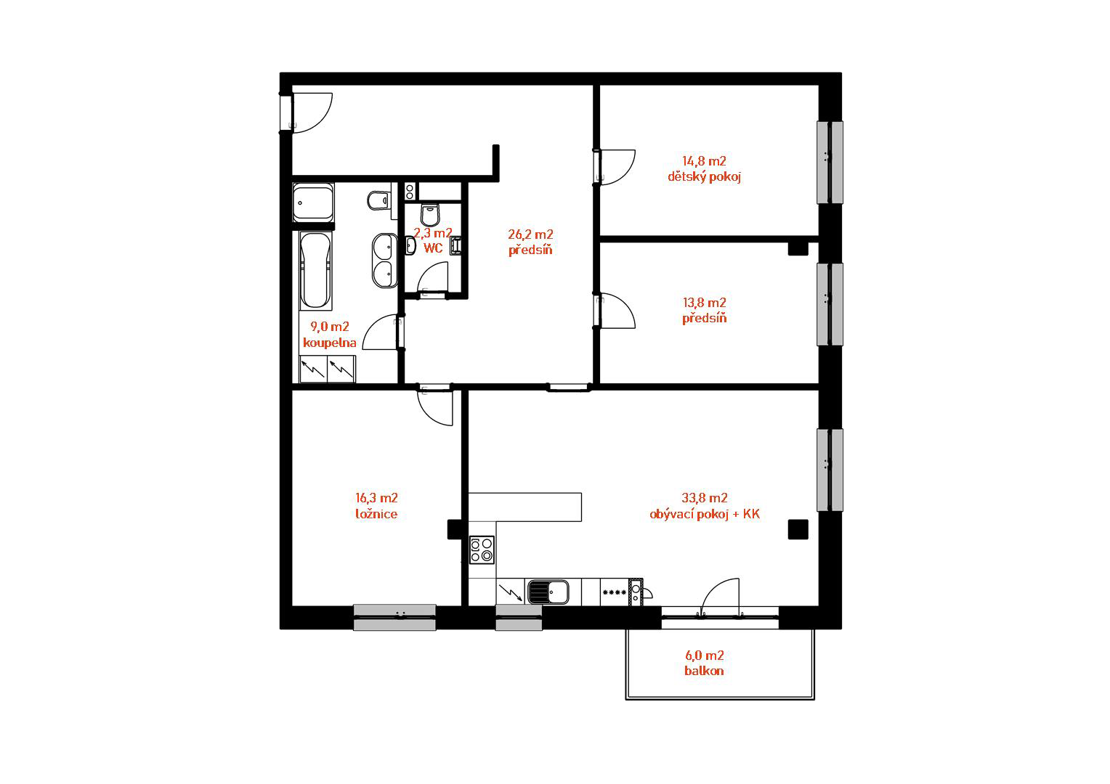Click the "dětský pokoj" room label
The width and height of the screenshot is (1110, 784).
(x=704, y=177)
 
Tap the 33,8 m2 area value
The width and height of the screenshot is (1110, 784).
(x=705, y=497)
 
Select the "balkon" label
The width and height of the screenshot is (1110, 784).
(x=704, y=671)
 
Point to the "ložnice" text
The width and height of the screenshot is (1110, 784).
(x=376, y=514)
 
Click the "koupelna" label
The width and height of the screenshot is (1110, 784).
(x=330, y=343)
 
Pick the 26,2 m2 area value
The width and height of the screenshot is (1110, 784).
(x=530, y=234)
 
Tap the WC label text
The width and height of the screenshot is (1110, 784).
(x=433, y=248)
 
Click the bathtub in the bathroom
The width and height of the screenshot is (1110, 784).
(x=316, y=270)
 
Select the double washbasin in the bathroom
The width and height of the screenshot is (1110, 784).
(x=385, y=261)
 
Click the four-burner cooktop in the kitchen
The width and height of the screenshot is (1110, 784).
(x=482, y=550)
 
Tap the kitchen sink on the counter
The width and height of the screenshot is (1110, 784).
(x=548, y=592)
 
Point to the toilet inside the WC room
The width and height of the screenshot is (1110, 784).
(x=430, y=215)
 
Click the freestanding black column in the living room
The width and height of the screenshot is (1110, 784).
(x=798, y=529)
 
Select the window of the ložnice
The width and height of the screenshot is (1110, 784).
(x=394, y=617)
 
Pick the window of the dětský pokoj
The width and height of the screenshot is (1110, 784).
(x=830, y=163)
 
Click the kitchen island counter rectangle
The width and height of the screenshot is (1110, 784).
(x=524, y=507)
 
